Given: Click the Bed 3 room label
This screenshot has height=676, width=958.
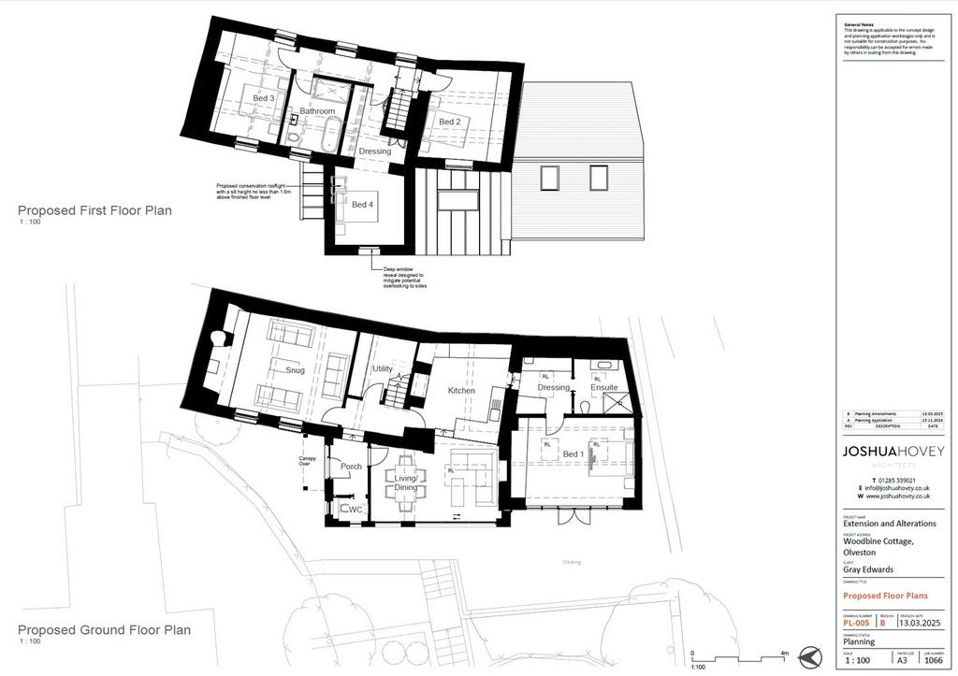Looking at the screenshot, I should click(x=263, y=98).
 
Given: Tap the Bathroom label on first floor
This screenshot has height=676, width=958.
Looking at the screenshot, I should click(x=317, y=111).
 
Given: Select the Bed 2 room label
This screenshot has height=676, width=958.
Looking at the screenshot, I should click(x=449, y=122).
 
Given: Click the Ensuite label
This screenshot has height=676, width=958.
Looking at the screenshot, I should click(x=603, y=387).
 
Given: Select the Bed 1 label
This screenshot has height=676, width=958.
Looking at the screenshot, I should click(x=573, y=454).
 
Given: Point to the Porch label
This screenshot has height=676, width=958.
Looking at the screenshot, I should click(x=351, y=467).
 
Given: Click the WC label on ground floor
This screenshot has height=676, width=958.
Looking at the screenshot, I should click(x=355, y=510).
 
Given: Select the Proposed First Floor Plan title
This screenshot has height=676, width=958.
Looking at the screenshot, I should click(x=94, y=210).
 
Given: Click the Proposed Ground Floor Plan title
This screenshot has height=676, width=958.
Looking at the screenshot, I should click(x=104, y=630).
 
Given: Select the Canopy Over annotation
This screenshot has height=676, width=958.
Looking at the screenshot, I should click(x=306, y=460).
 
